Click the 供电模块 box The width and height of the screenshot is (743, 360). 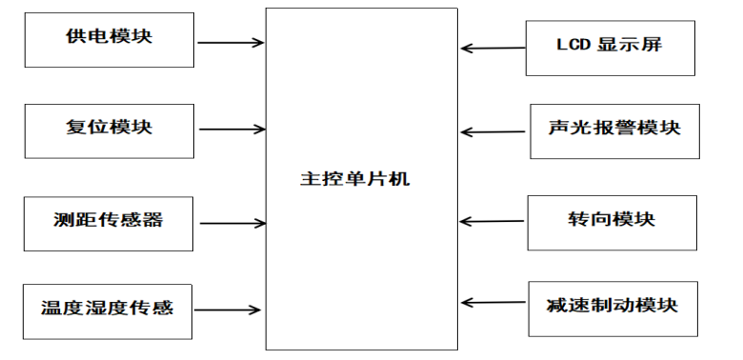pos(109,40)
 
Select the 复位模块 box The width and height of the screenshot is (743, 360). pos(109,131)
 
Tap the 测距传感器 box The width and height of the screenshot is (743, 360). pos(109,224)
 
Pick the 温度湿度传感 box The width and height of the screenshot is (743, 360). pos(108,311)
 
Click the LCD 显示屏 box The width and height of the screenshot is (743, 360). pos(611,48)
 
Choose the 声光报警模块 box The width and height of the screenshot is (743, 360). pos(614,131)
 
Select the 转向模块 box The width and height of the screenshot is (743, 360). pos(612,223)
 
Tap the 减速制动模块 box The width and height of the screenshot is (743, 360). pos(613,309)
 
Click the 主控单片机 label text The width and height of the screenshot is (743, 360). pos(355,180)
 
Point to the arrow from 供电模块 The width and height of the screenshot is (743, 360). pos(231,43)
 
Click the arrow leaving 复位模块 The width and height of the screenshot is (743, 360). pos(232,129)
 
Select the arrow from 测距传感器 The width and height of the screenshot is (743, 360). pos(233,223)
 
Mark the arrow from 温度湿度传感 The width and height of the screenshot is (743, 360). pos(228,310)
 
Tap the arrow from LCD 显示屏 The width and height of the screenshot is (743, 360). pos(492,48)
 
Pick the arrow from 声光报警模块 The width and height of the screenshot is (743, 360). pos(492,132)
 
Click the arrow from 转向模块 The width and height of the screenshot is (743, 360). pos(492,221)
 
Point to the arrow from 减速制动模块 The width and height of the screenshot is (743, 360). pos(493,302)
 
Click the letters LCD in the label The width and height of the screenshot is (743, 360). pos(572,45)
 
